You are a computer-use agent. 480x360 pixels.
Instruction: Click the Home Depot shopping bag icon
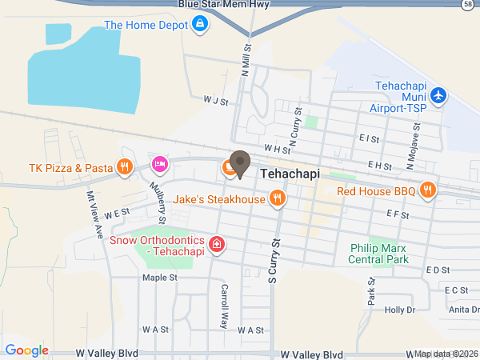pyautogui.click(x=200, y=26)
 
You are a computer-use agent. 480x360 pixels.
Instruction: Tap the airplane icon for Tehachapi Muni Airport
pyautogui.click(x=438, y=96)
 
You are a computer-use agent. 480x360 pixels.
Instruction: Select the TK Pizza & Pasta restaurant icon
pyautogui.click(x=124, y=167)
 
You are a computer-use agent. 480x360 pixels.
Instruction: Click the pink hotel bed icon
pyautogui.click(x=160, y=165)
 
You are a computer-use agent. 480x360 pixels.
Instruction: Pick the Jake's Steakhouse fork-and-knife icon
pyautogui.click(x=278, y=198)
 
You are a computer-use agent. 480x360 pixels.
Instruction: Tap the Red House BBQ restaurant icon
pyautogui.click(x=429, y=190)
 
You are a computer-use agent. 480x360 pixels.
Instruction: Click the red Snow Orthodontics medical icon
pyautogui.click(x=215, y=243)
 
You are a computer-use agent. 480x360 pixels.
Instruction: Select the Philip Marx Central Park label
pyautogui.click(x=379, y=254)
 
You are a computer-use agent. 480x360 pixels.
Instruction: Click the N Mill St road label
pyautogui.click(x=246, y=58)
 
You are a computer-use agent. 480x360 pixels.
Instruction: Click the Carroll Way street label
pyautogui.click(x=225, y=306)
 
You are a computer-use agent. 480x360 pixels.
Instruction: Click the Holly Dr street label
pyautogui.click(x=400, y=310)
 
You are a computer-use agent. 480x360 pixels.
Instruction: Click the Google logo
pyautogui.click(x=26, y=350)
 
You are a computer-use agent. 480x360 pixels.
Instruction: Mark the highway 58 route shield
pyautogui.click(x=466, y=6)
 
